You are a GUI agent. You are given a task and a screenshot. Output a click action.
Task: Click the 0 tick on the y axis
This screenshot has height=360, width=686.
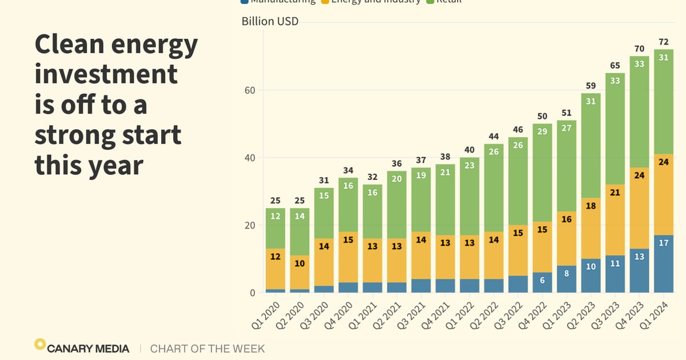[x=252, y=293]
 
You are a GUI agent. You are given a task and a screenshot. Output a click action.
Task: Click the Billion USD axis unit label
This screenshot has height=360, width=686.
[x=270, y=22]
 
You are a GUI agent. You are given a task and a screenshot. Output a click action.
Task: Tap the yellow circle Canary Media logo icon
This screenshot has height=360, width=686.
[x=40, y=344]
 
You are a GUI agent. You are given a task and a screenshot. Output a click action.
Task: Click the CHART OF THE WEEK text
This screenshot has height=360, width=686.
[x=208, y=349]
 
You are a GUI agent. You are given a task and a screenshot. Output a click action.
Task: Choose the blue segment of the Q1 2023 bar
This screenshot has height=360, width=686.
[x=567, y=279]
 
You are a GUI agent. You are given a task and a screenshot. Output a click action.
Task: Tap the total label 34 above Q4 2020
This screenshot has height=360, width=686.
[x=348, y=170]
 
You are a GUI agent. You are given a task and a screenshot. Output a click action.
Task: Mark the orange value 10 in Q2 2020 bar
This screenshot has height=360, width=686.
[x=300, y=263]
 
